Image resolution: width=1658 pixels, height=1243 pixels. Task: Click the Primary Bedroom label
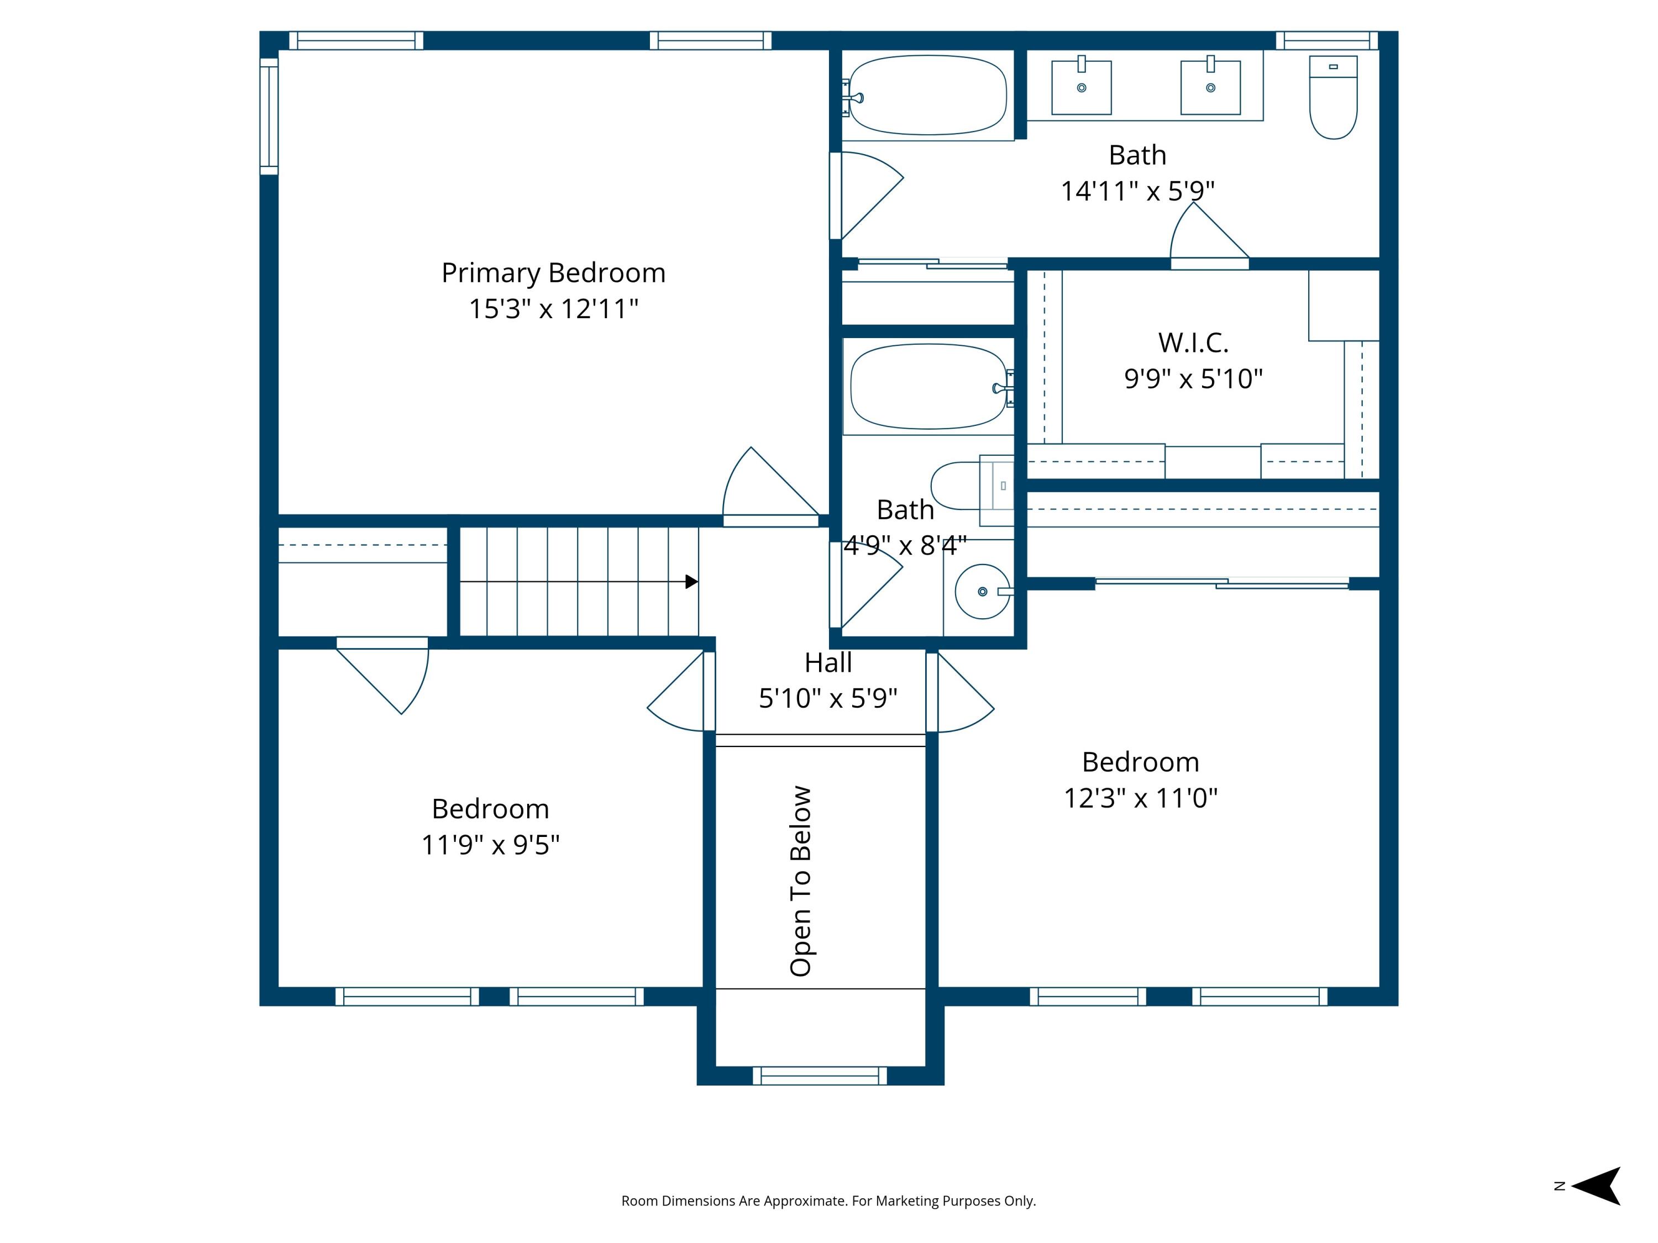tap(553, 273)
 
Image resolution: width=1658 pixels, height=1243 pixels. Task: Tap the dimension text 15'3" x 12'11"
tap(553, 309)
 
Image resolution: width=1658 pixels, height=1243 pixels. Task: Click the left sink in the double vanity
tap(1081, 88)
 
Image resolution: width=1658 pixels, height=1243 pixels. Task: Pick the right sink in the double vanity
tap(1210, 88)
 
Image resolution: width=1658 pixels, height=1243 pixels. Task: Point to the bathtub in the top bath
tap(927, 95)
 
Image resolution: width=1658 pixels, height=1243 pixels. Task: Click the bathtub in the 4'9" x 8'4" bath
tap(927, 387)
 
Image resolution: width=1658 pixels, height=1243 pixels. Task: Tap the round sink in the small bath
tap(982, 591)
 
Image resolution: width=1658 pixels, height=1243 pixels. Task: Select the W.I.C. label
tap(1193, 343)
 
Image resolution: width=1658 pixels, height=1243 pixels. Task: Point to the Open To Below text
tap(800, 881)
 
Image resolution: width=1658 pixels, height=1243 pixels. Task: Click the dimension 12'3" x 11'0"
tap(1140, 798)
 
